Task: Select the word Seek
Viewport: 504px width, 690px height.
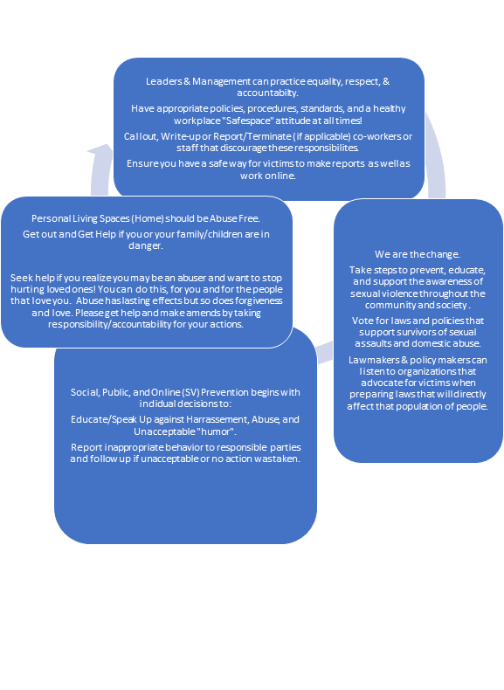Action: click(x=21, y=278)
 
